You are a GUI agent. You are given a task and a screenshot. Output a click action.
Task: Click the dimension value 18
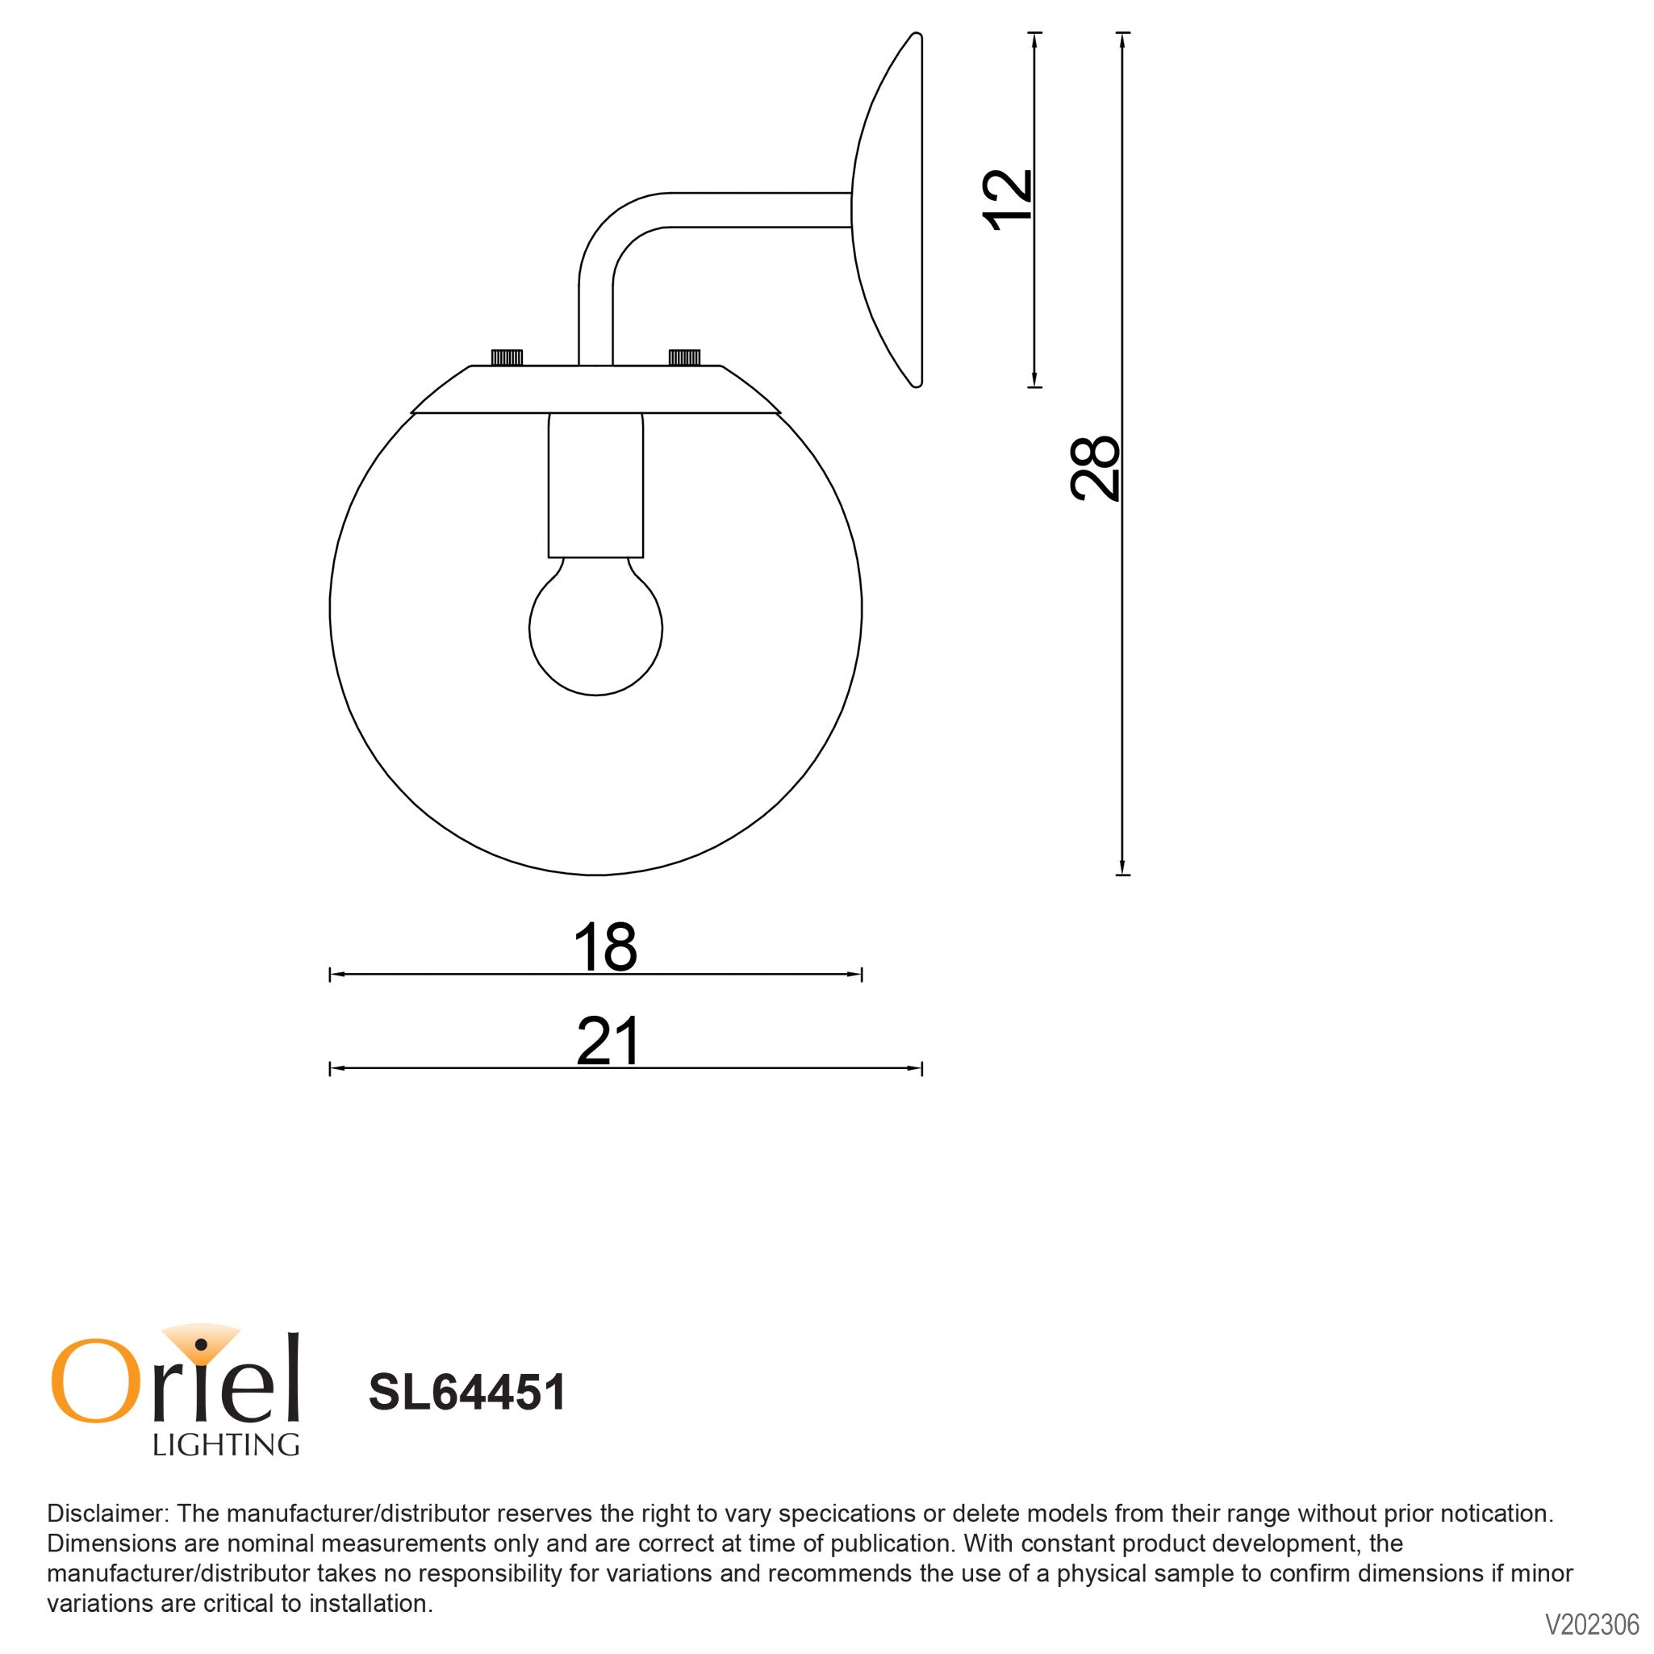(604, 947)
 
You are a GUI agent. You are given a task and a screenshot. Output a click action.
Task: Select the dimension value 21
(608, 1041)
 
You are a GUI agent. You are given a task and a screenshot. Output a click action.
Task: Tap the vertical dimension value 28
(1094, 467)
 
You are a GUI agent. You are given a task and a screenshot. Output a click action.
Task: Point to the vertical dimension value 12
(1008, 200)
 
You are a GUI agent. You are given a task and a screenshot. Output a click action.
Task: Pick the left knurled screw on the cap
(507, 357)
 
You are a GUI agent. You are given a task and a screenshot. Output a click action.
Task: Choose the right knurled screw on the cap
(684, 357)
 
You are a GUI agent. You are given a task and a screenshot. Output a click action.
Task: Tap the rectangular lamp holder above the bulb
(596, 484)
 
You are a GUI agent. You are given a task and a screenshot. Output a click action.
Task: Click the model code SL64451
(467, 1393)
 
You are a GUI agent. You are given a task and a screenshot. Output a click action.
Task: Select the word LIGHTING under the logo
(226, 1445)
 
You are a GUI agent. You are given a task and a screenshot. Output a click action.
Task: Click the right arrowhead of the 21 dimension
(915, 1068)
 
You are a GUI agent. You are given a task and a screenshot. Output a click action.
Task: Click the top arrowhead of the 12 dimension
(1035, 40)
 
